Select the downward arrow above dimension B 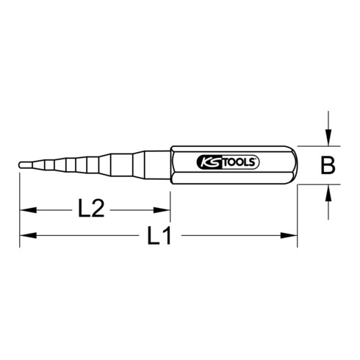click(x=328, y=135)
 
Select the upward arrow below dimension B click(x=328, y=195)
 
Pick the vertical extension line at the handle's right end click(x=298, y=217)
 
